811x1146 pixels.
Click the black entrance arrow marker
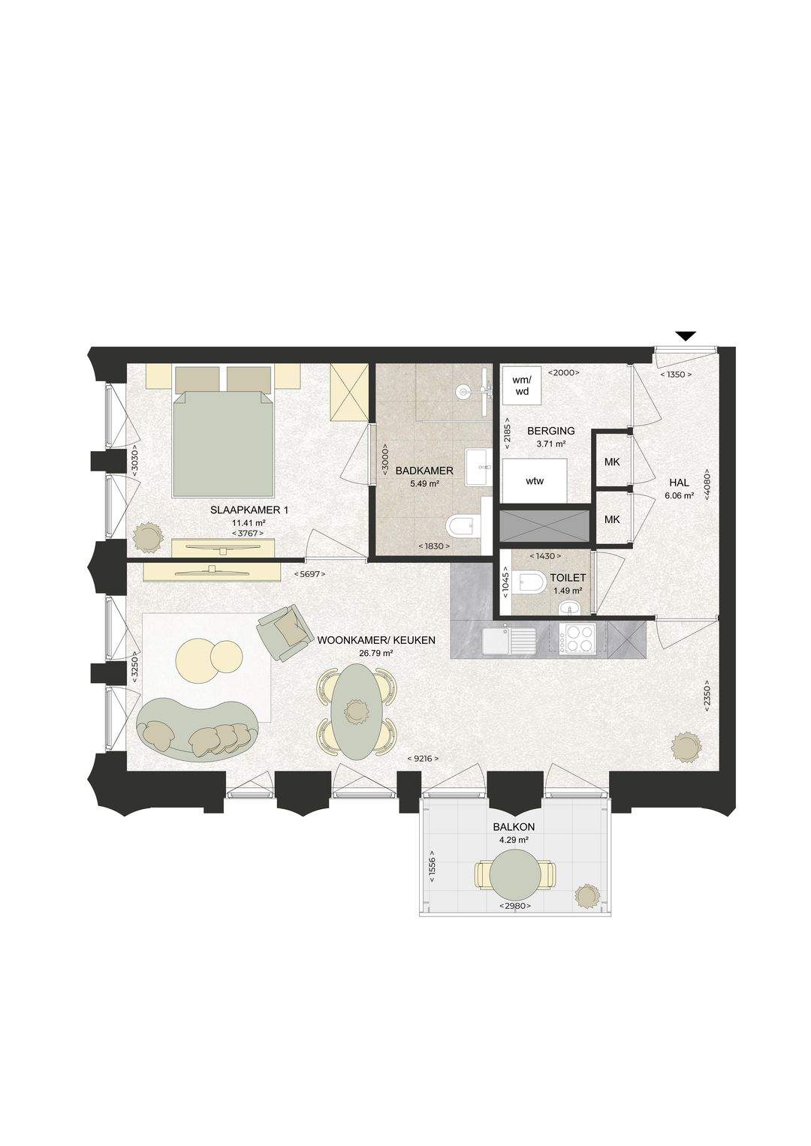686,336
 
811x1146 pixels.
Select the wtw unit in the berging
535,480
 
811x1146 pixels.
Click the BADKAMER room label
425,470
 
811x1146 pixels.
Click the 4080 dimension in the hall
707,484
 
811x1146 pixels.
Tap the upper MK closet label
612,462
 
